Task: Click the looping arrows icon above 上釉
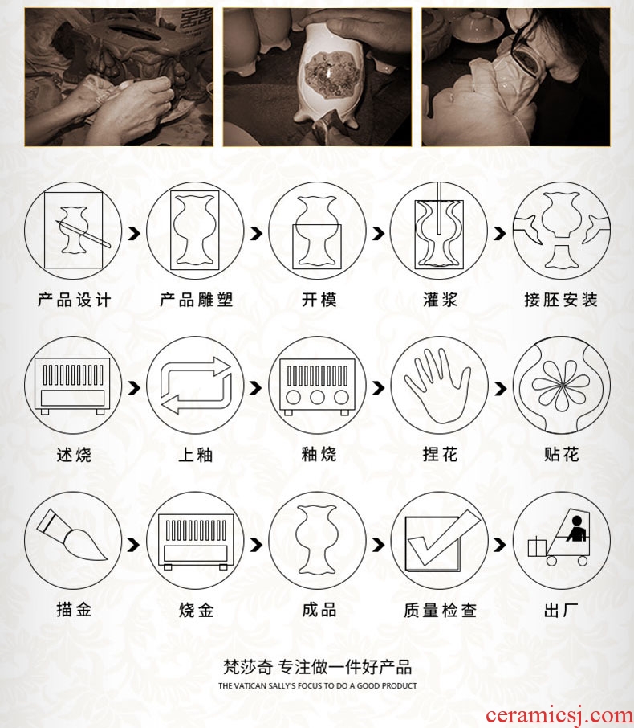coord(196,385)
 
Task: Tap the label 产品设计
coord(74,300)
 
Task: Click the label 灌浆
coord(440,300)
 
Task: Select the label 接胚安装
coord(561,300)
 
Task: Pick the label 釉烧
coord(319,454)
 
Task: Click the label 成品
coord(319,609)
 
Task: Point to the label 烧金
coord(196,610)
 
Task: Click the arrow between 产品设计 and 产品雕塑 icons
coord(134,233)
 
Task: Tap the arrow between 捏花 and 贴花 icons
coord(499,388)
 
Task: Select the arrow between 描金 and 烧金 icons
coord(134,545)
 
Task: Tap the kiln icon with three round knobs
coord(317,386)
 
